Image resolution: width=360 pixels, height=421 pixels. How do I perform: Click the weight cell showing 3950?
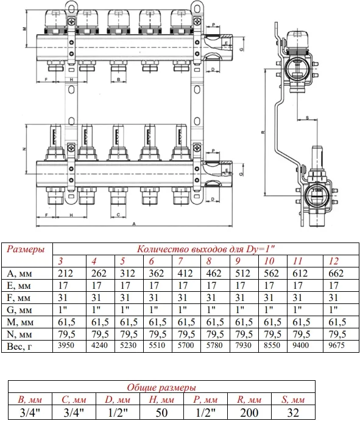coord(66,345)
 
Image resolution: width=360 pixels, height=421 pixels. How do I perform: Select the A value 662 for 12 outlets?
coord(336,274)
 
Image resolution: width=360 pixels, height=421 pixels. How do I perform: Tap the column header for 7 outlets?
coord(181,261)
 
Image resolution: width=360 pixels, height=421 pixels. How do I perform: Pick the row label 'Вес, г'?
coord(19,346)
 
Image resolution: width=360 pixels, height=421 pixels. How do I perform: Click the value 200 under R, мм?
coord(249,412)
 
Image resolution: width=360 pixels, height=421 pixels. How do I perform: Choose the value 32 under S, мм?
coord(293,412)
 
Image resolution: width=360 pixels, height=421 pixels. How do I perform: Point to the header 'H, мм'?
coord(161,400)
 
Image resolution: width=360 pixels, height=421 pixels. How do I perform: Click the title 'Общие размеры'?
coord(161,387)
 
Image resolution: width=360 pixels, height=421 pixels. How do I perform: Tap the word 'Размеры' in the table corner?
coord(26,249)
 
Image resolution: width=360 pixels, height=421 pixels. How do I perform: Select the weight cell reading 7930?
coord(243,345)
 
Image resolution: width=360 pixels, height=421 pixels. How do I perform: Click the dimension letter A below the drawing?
coord(134,224)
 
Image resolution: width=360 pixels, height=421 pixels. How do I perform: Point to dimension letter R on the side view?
coord(263,132)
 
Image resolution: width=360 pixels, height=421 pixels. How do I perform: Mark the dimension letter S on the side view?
coord(308,118)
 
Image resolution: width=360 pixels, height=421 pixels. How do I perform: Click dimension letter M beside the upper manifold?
coord(24,29)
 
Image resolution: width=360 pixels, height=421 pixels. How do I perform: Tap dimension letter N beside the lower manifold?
coord(24,149)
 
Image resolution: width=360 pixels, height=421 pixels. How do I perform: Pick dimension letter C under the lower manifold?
coord(118,215)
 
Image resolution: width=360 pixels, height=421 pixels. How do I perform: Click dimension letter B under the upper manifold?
coord(118,79)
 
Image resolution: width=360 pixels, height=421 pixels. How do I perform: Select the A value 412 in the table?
coord(185,274)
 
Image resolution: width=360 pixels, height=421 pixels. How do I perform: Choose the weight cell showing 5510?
coord(157,345)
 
